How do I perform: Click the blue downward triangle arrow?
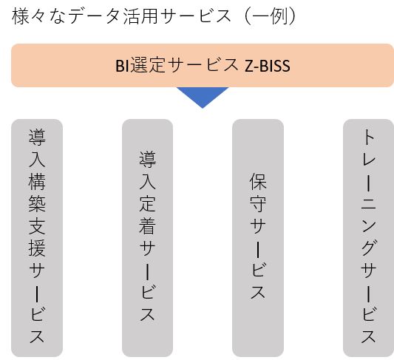pos(203,95)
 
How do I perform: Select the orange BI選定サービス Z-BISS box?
pos(203,65)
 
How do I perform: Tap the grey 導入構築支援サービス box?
pos(37,237)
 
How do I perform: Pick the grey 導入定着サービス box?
pos(148,237)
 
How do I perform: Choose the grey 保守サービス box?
pos(258,237)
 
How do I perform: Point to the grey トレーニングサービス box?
pos(368,237)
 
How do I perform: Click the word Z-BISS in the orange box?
pos(268,66)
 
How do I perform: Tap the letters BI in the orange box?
pos(123,66)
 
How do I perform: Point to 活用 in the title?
pos(140,16)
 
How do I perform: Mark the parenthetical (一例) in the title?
pos(271,16)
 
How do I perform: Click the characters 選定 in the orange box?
pos(148,66)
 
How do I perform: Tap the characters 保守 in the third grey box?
pos(258,193)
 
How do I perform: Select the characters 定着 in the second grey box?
pos(148,215)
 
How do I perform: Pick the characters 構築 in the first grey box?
pos(37,193)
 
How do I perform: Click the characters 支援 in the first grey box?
pos(37,237)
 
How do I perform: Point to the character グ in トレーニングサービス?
pos(369,248)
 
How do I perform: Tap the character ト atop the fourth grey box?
pos(369,137)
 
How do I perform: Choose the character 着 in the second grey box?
pos(148,226)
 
